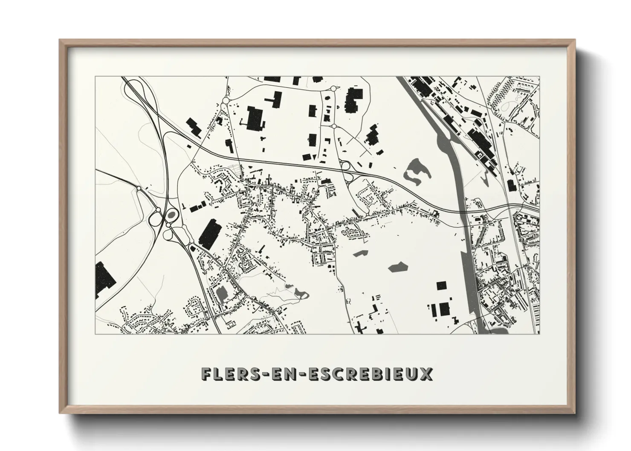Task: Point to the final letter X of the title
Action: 427,374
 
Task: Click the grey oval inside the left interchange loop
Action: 171,215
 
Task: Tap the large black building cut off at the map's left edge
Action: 104,279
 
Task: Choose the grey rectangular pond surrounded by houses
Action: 222,293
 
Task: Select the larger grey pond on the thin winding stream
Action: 301,292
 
